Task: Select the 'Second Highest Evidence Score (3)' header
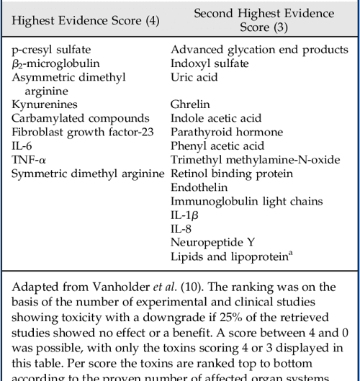[x=264, y=20]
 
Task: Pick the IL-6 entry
[x=22, y=145]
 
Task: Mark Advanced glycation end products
[x=259, y=50]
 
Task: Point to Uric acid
[x=194, y=77]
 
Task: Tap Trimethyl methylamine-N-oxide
[x=254, y=159]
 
